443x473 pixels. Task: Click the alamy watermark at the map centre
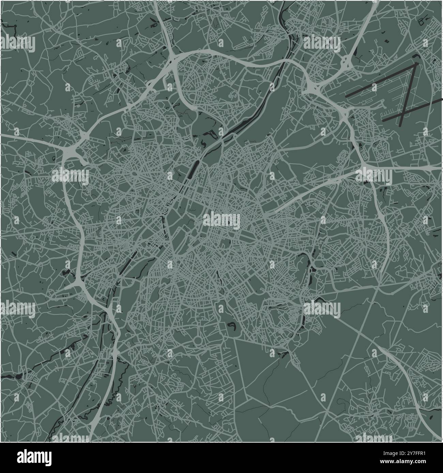pyautogui.click(x=221, y=221)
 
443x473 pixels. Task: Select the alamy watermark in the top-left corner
pyautogui.click(x=18, y=44)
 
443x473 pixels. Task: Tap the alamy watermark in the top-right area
pyautogui.click(x=322, y=44)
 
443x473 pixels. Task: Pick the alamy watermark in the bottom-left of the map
pyautogui.click(x=18, y=309)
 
